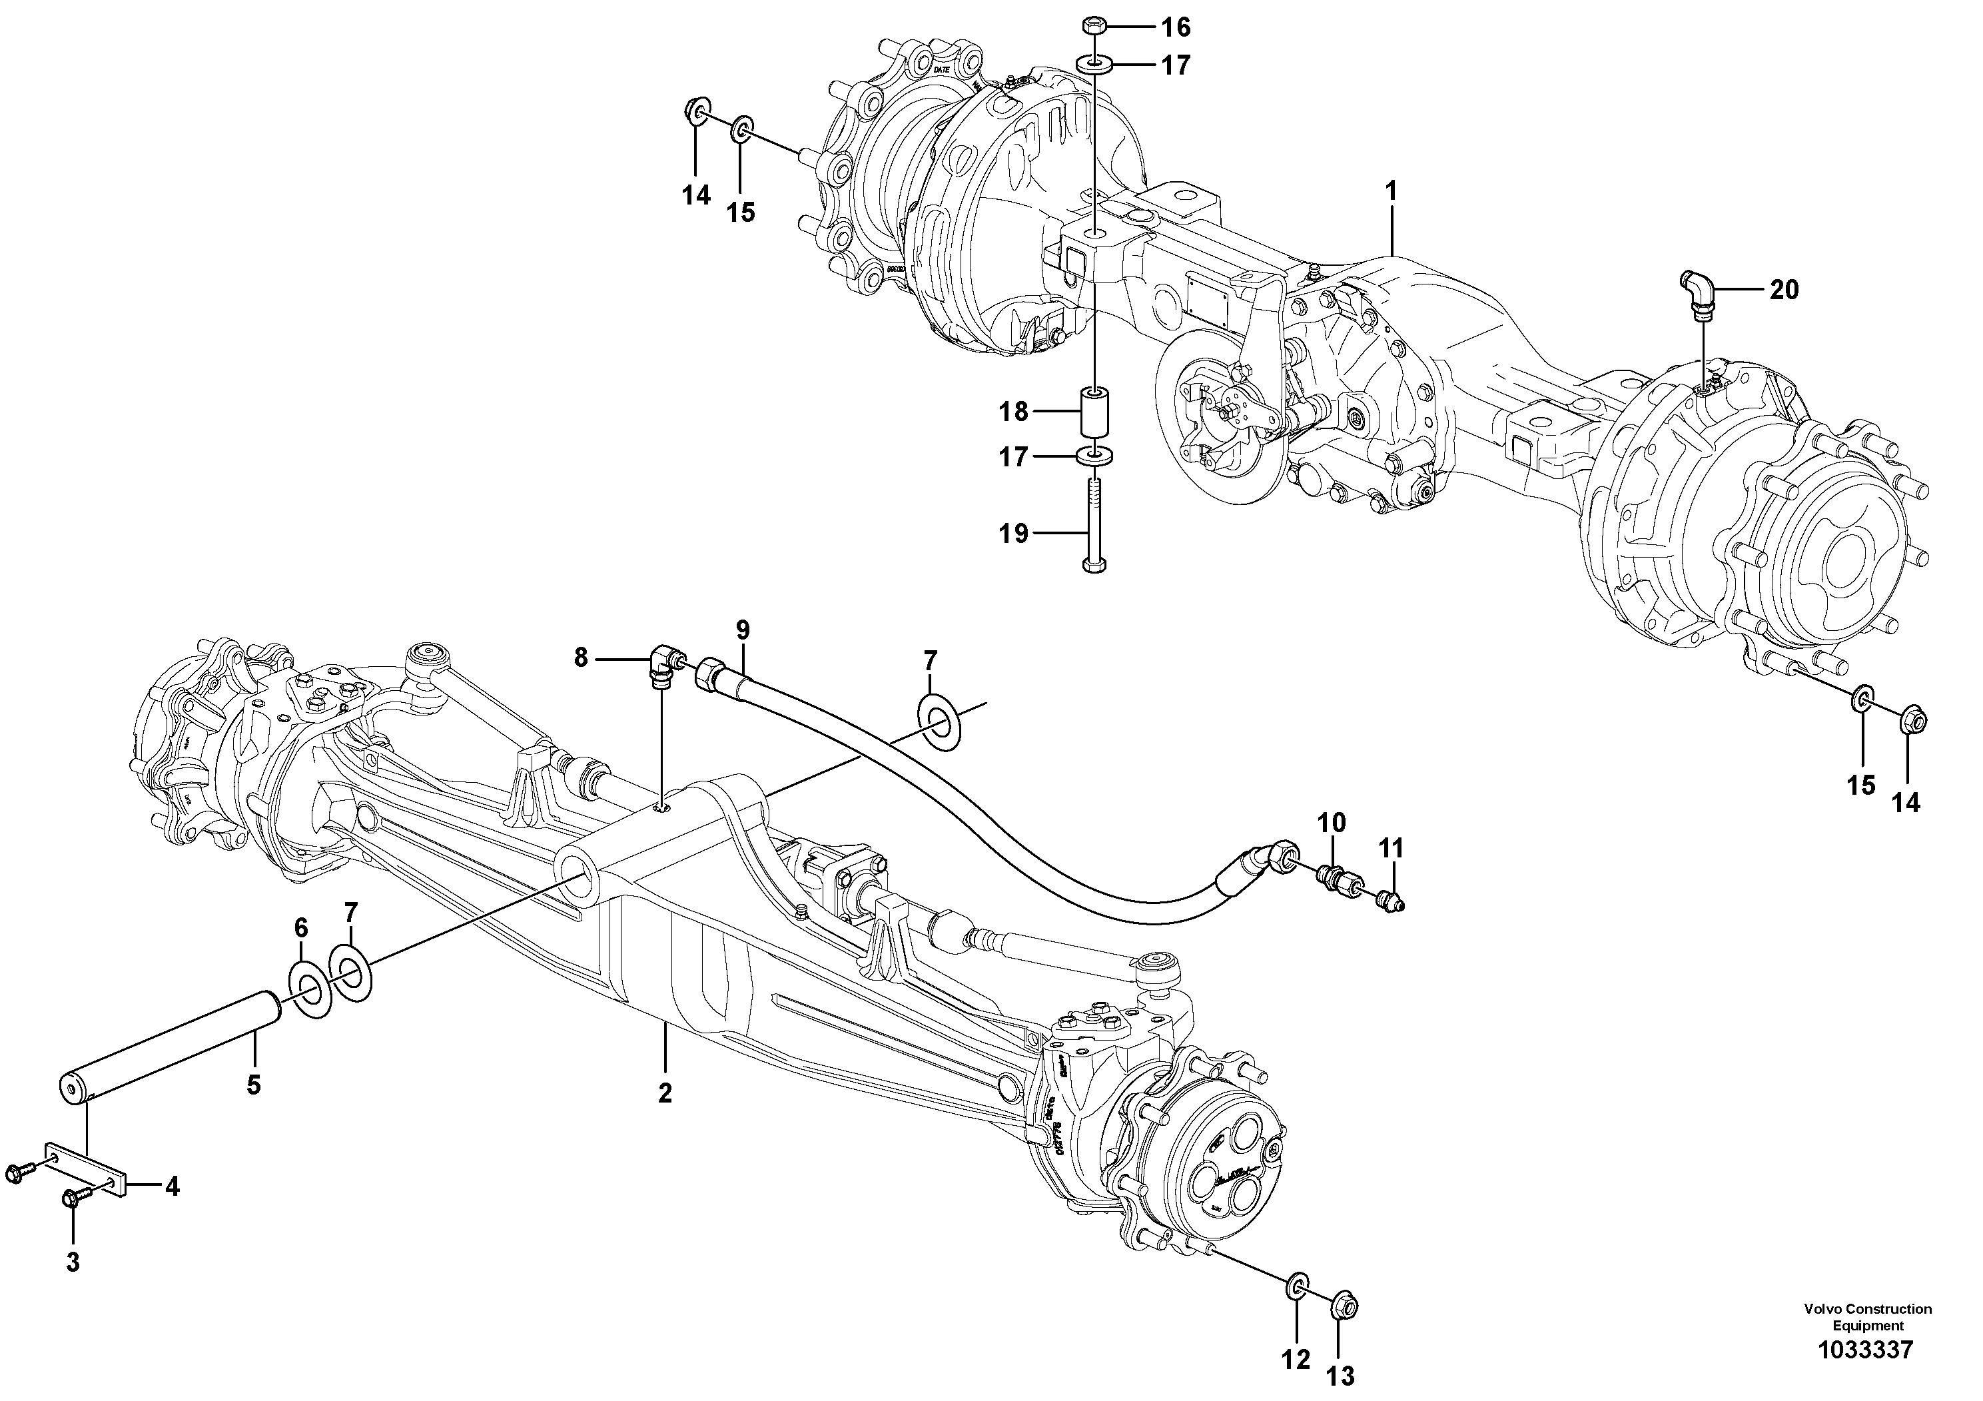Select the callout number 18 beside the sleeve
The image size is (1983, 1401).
click(1014, 411)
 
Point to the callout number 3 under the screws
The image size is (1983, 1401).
click(73, 1262)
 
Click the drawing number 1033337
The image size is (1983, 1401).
click(1866, 1374)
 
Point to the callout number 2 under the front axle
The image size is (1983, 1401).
click(665, 1093)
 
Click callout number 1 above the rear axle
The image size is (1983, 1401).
click(1391, 191)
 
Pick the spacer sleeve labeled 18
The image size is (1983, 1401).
click(1093, 414)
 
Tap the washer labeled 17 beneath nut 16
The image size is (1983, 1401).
click(1093, 64)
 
